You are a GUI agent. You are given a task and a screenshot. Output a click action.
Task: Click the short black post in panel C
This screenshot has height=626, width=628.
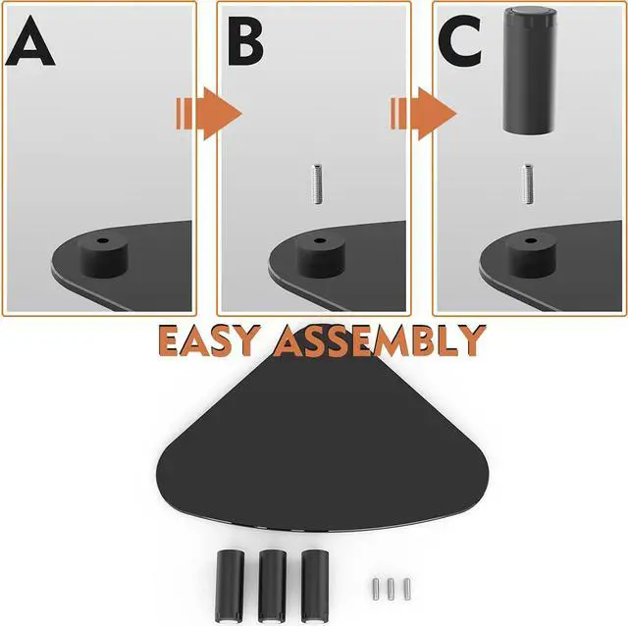coord(529,260)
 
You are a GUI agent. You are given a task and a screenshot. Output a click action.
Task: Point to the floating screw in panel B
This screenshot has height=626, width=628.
coord(315,183)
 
